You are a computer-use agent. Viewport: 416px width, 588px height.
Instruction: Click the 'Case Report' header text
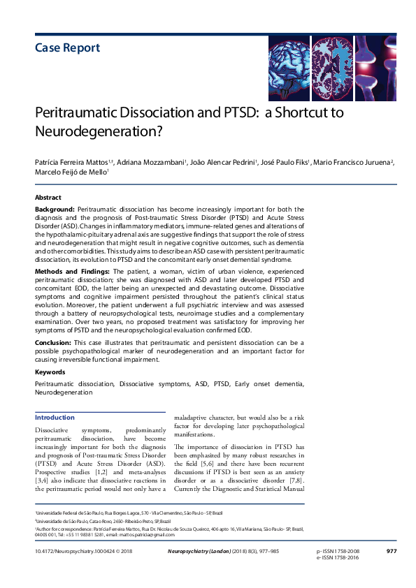(x=67, y=48)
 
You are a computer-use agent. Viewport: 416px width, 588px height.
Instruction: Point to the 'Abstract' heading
(x=48, y=198)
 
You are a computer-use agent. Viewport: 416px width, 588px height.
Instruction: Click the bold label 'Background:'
(x=55, y=209)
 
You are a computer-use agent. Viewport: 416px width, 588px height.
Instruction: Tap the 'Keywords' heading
(x=50, y=372)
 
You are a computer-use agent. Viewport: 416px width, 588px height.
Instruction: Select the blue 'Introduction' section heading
(x=55, y=418)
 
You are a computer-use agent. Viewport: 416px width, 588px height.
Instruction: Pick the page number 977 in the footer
(x=392, y=552)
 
